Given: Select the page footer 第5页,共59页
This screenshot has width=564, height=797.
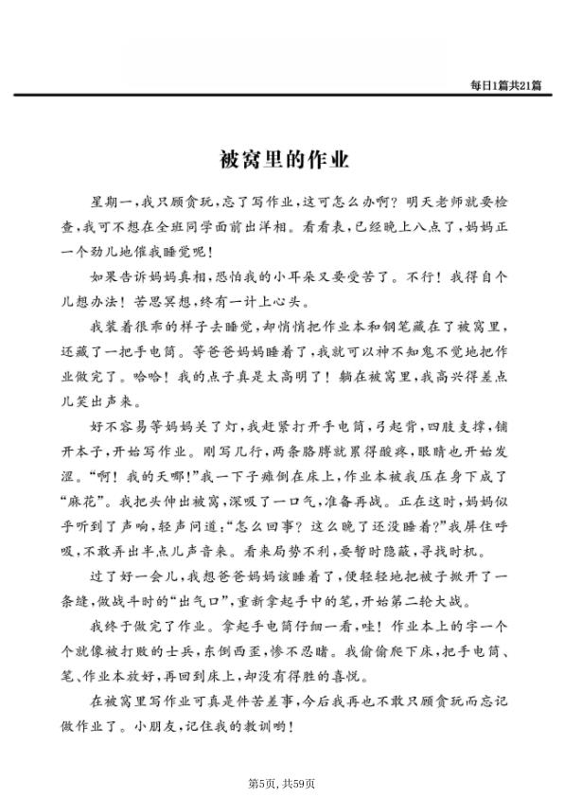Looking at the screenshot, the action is point(281,783).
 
